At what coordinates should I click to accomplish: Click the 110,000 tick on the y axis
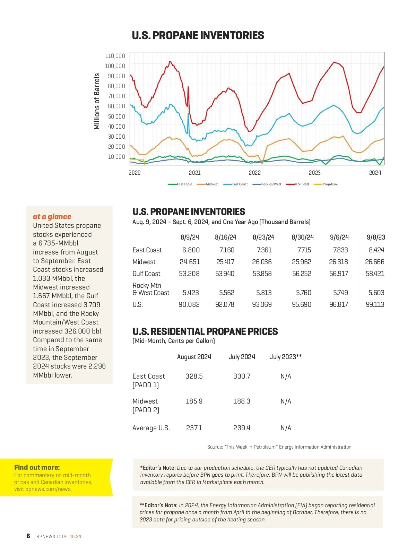[115, 56]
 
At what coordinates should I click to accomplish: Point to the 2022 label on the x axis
[255, 173]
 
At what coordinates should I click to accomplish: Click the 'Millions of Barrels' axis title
[97, 101]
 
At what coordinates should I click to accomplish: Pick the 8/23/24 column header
[263, 237]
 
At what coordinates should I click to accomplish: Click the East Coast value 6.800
[191, 250]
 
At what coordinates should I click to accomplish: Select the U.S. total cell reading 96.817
[338, 304]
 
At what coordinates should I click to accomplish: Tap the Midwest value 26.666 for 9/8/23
[374, 262]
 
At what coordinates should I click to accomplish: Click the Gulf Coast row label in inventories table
[146, 274]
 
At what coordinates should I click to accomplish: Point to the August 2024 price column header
[194, 357]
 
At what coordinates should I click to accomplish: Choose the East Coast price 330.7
[242, 376]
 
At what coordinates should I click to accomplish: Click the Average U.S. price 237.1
[194, 428]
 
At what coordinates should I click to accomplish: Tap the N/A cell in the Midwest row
[286, 401]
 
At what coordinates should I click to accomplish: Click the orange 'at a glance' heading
[52, 217]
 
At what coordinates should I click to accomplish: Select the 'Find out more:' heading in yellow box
[37, 467]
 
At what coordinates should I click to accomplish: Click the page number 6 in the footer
[28, 536]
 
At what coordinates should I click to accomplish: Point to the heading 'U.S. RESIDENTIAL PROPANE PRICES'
[205, 331]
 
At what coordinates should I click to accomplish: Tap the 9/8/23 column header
[376, 237]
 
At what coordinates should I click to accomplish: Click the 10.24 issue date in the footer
[76, 536]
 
